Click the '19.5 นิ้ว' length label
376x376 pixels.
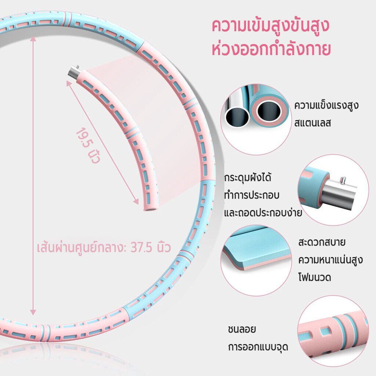88,145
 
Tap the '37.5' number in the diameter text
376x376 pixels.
141,247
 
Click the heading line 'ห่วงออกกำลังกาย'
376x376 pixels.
271,49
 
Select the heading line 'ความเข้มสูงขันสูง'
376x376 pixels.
271,26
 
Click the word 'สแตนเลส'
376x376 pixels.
312,123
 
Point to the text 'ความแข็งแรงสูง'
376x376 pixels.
326,105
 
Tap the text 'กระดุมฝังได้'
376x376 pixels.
247,178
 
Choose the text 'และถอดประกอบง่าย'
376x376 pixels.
263,213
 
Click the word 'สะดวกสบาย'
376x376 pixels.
322,242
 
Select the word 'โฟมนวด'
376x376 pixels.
315,278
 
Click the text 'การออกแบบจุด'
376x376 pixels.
258,347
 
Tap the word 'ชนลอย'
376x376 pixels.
242,329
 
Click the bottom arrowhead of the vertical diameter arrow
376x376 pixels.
33,312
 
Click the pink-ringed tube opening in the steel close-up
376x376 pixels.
268,111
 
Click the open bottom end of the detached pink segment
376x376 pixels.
151,209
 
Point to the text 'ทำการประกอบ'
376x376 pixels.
252,195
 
